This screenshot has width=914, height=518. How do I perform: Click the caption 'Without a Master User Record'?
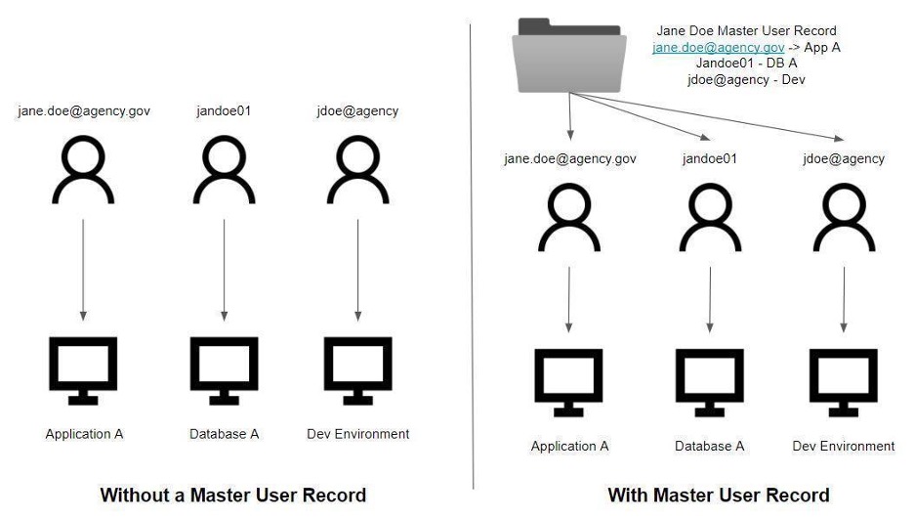tap(232, 495)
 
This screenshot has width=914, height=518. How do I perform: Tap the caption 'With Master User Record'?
tap(718, 495)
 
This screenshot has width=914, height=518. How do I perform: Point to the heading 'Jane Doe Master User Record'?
tap(747, 31)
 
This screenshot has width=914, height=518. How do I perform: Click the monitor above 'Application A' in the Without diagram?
tap(84, 369)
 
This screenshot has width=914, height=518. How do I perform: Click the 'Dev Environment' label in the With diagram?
tap(844, 446)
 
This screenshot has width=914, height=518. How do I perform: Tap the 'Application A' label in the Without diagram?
tap(84, 434)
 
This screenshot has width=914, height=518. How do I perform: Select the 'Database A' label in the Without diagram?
tap(224, 434)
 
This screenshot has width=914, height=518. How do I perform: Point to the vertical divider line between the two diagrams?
tap(473, 254)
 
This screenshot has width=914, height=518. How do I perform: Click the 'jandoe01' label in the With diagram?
tap(709, 158)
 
